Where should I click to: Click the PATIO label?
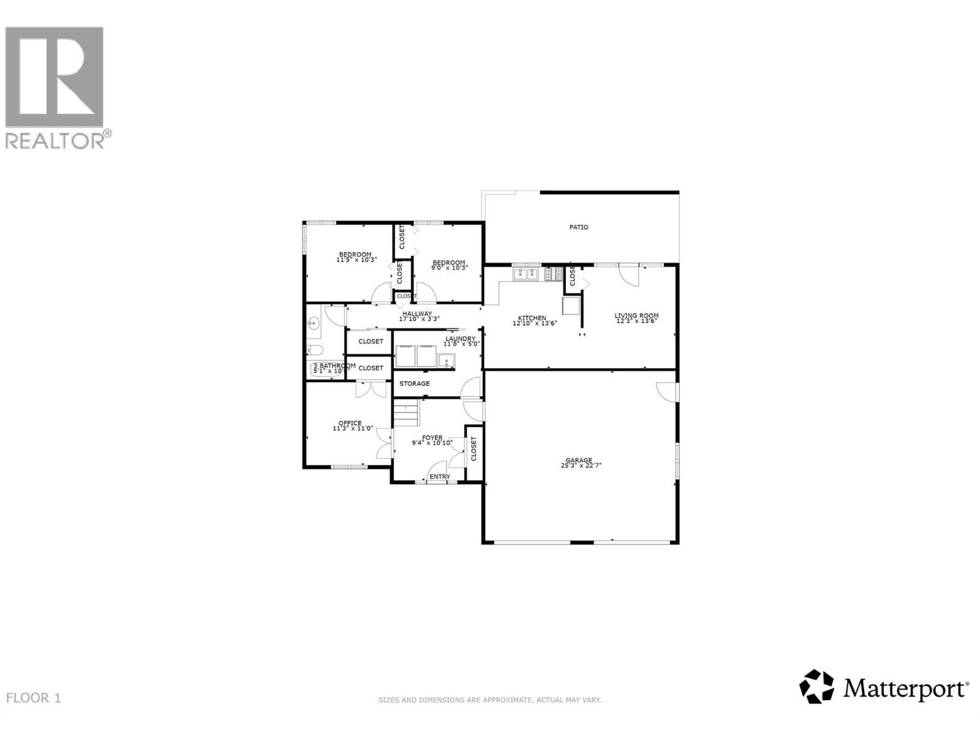pos(579,227)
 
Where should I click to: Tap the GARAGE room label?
pos(579,461)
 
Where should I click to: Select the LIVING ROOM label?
pos(636,316)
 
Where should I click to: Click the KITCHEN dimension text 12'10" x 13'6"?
pos(534,323)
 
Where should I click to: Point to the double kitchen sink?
pos(525,274)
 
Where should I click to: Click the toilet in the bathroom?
pos(314,350)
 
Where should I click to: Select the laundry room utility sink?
pos(447,361)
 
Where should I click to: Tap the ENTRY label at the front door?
pos(439,477)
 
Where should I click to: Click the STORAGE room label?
pos(415,383)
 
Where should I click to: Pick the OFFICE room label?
pos(350,423)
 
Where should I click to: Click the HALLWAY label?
pos(417,314)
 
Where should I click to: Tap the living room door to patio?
pos(628,274)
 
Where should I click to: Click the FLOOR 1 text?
pos(34,698)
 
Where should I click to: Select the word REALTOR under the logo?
pos(55,141)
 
